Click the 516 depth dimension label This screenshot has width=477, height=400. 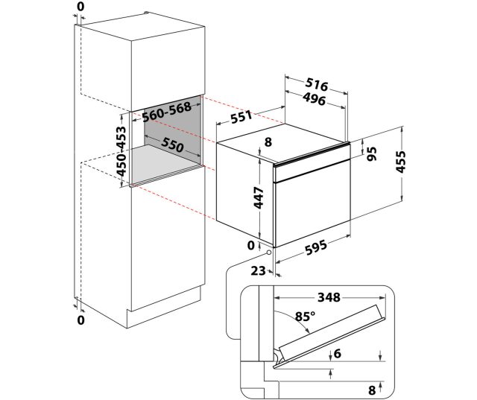tap(317, 84)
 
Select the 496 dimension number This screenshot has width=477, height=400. tap(315, 99)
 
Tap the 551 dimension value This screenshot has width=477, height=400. tap(241, 117)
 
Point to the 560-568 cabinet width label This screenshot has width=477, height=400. tap(167, 112)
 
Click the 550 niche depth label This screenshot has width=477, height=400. tap(172, 145)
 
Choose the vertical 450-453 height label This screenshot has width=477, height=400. tap(121, 151)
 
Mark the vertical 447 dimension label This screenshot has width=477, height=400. tap(259, 198)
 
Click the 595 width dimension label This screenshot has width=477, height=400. tap(316, 247)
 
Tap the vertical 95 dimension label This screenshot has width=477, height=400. tap(371, 153)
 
